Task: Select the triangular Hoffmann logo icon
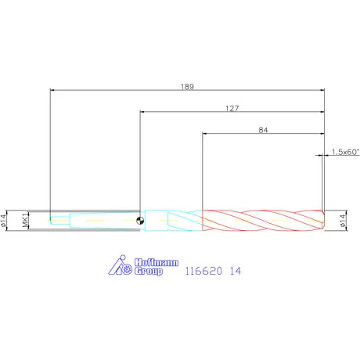[x=115, y=266]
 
